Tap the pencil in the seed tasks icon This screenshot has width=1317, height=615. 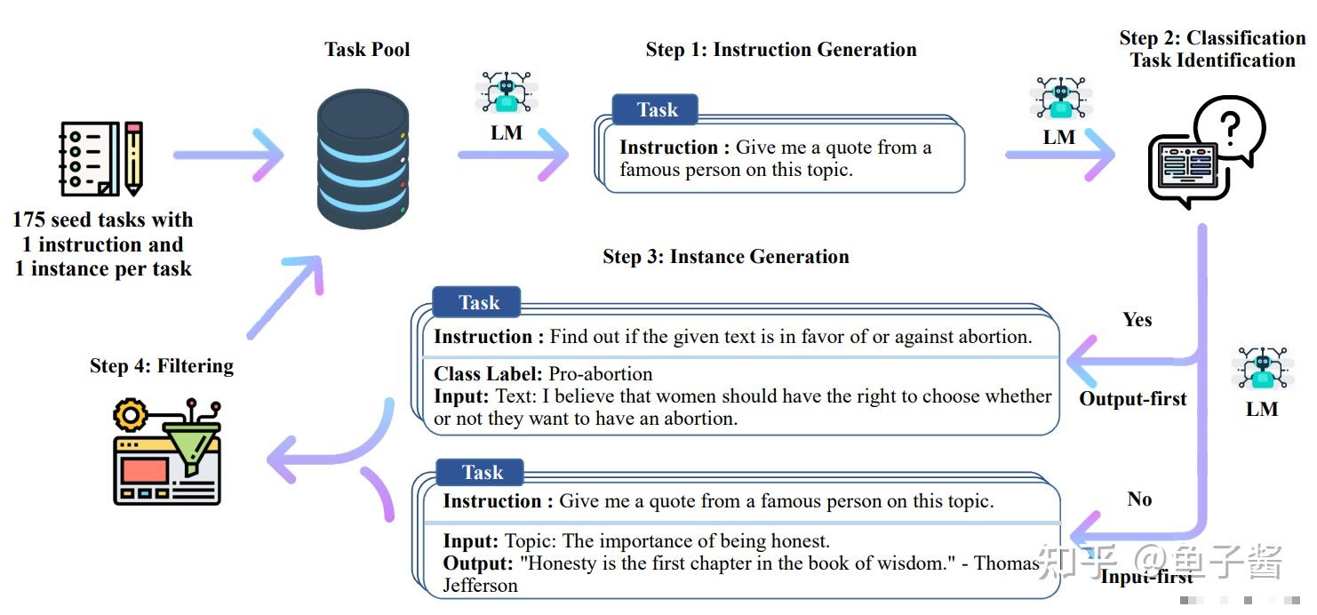133,158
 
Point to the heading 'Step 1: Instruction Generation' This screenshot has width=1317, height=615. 781,50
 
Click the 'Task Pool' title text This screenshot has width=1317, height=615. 367,49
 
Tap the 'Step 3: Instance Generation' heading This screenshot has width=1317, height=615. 726,257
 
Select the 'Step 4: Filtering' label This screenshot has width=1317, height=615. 162,366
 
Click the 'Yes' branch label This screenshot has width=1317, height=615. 1137,320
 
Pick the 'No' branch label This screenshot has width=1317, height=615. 1139,499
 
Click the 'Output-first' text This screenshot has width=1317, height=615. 1133,399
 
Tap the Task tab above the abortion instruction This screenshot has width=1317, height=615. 479,303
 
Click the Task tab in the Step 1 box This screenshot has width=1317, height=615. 657,110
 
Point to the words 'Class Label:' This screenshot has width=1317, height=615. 488,374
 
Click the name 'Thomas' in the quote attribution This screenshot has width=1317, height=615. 1006,563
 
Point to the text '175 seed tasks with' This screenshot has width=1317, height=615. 103,220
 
